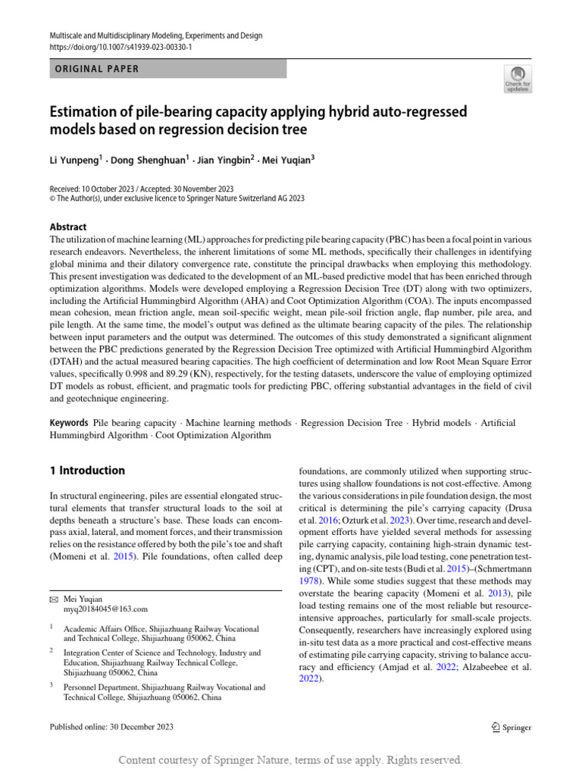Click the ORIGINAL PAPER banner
[x=167, y=69]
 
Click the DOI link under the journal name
[x=120, y=47]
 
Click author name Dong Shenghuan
[x=144, y=161]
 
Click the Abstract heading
[x=68, y=227]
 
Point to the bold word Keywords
[x=69, y=423]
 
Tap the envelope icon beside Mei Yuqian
[x=54, y=599]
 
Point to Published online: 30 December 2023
[x=111, y=727]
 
